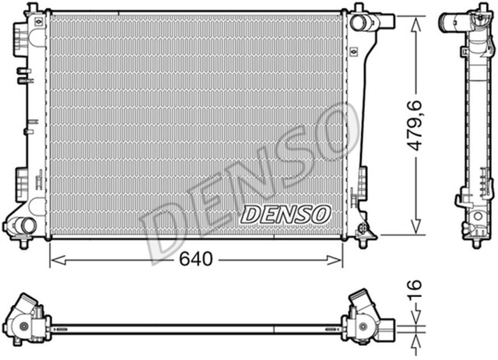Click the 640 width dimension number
(x=195, y=260)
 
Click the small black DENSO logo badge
(x=286, y=212)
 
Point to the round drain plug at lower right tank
(x=363, y=228)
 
